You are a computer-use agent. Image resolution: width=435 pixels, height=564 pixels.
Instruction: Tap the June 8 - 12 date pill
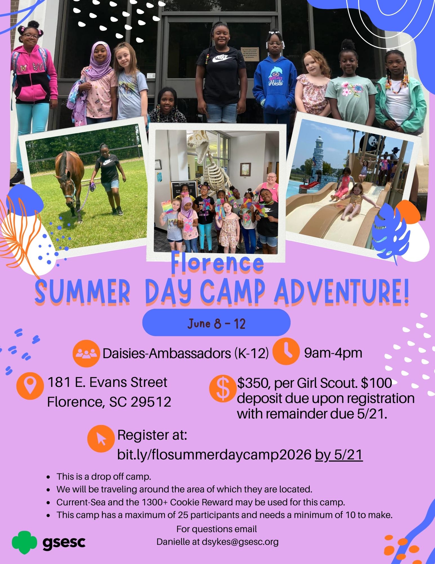tap(216, 322)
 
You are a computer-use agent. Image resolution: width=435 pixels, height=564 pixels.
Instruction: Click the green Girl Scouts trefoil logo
tap(24, 542)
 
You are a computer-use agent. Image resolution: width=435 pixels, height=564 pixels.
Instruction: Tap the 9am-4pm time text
tap(333, 353)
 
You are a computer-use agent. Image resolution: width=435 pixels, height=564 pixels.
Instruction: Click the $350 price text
tap(252, 383)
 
